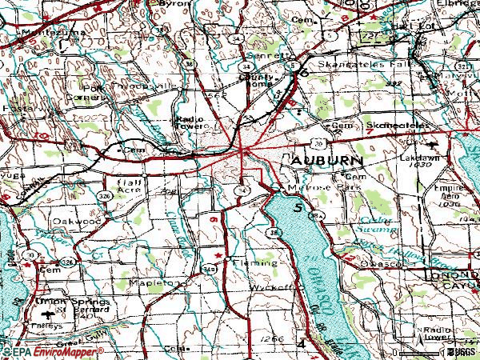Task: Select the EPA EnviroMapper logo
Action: tap(51, 352)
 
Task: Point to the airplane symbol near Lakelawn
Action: tap(433, 145)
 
